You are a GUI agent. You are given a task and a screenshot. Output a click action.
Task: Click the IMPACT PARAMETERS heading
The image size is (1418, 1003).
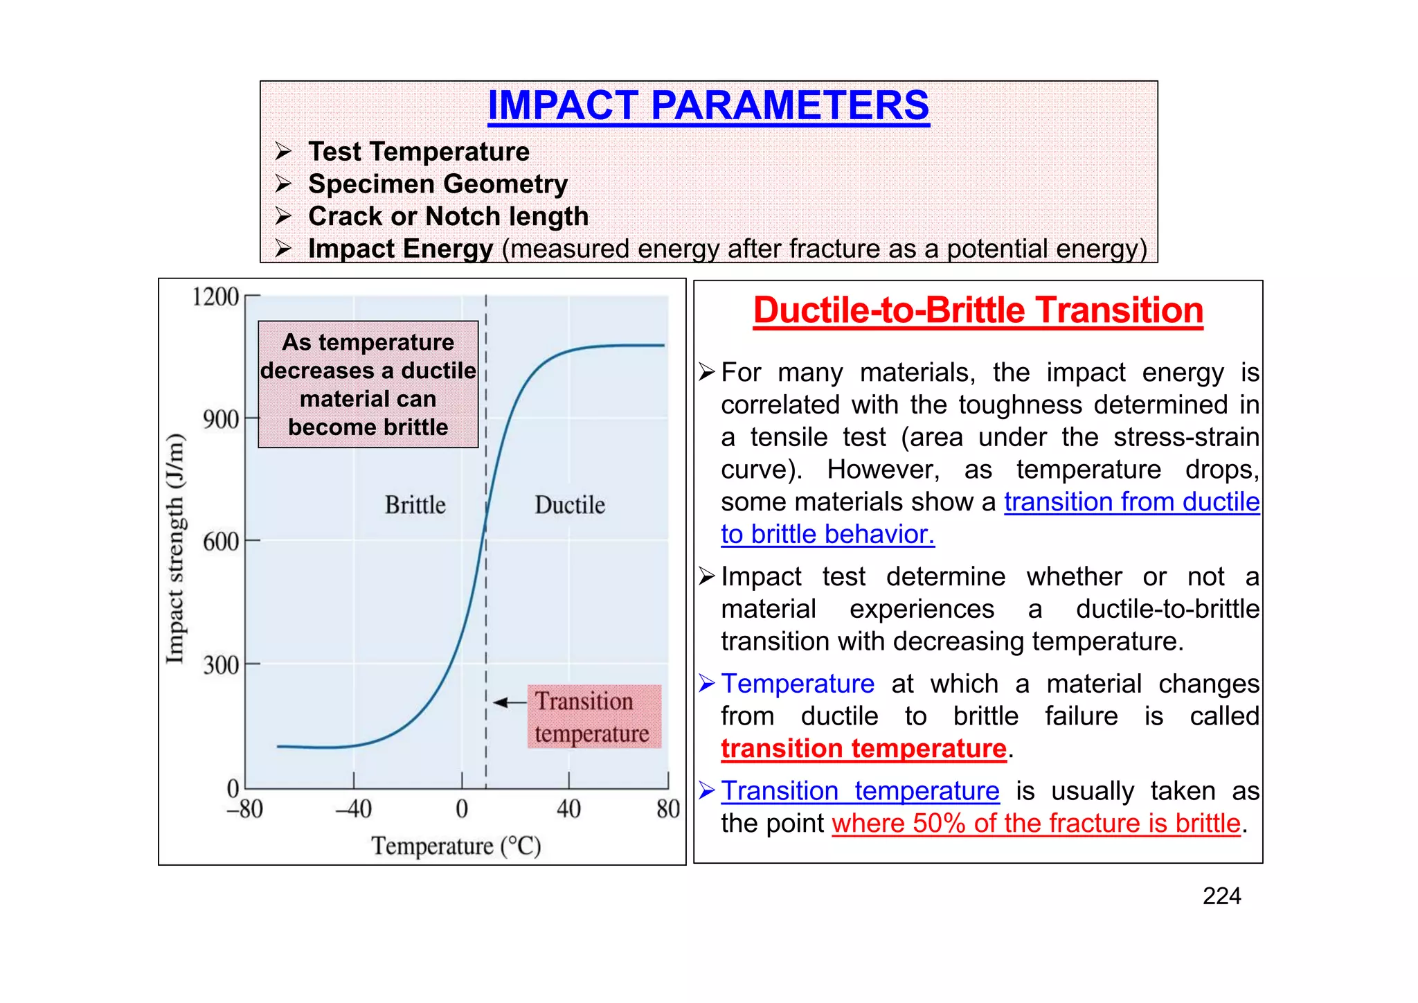pos(708,105)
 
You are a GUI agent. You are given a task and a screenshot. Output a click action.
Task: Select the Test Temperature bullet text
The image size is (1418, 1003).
pos(418,152)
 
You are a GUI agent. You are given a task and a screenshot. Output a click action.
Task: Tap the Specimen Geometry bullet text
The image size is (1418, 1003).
pos(438,184)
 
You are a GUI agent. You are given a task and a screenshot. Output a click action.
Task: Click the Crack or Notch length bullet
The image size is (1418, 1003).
pos(448,217)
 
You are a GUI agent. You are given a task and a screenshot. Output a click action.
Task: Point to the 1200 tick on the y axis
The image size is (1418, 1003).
pos(216,296)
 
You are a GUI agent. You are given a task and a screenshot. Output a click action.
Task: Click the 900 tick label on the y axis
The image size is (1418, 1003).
pos(221,419)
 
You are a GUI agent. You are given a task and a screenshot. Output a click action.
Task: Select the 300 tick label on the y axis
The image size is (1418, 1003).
pos(221,665)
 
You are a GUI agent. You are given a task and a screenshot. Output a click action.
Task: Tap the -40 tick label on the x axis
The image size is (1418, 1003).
pos(354,808)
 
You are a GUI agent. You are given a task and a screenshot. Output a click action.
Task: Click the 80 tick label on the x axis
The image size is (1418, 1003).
pos(668,808)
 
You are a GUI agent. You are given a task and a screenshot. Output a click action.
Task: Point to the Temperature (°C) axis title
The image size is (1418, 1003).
pos(456,846)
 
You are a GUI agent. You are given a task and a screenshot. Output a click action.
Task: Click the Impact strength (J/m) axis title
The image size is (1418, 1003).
pos(176,548)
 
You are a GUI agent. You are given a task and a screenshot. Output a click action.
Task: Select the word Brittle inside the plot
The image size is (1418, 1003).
pos(415,505)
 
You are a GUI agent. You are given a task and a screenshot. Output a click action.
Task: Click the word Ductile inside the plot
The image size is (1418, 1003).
pos(570,505)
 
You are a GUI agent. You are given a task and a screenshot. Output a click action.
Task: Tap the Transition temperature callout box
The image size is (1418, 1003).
pos(593,717)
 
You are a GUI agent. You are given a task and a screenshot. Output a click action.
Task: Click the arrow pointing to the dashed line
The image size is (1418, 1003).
pos(510,702)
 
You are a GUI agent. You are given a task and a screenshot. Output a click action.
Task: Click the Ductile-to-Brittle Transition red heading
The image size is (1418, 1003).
pos(978,310)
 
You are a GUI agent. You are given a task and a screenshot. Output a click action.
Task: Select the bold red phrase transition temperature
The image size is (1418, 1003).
pos(863,749)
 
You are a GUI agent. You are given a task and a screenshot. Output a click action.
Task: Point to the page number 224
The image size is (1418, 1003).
pos(1221,896)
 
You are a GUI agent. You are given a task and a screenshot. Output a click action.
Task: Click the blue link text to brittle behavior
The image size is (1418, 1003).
pos(827,535)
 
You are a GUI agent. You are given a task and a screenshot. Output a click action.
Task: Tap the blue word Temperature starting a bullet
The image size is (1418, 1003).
pos(798,684)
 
